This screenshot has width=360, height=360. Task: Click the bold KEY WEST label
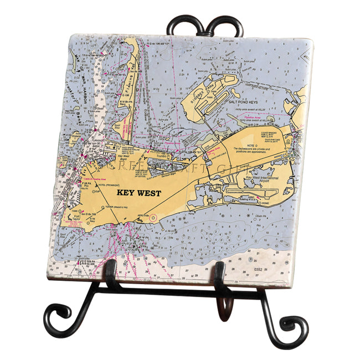pos(138,193)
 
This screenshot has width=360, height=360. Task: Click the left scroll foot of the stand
pos(57,319)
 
